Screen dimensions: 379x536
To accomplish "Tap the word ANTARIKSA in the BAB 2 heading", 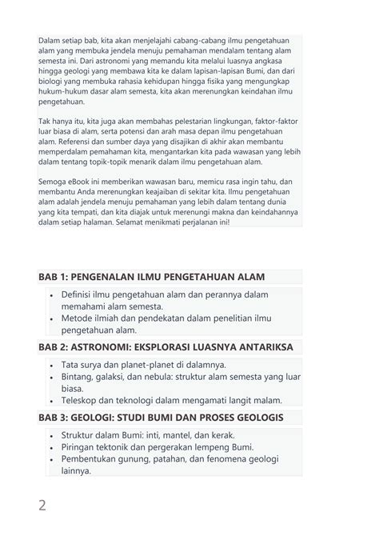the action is (x=262, y=347).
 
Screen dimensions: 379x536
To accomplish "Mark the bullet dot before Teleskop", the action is (x=52, y=401).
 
